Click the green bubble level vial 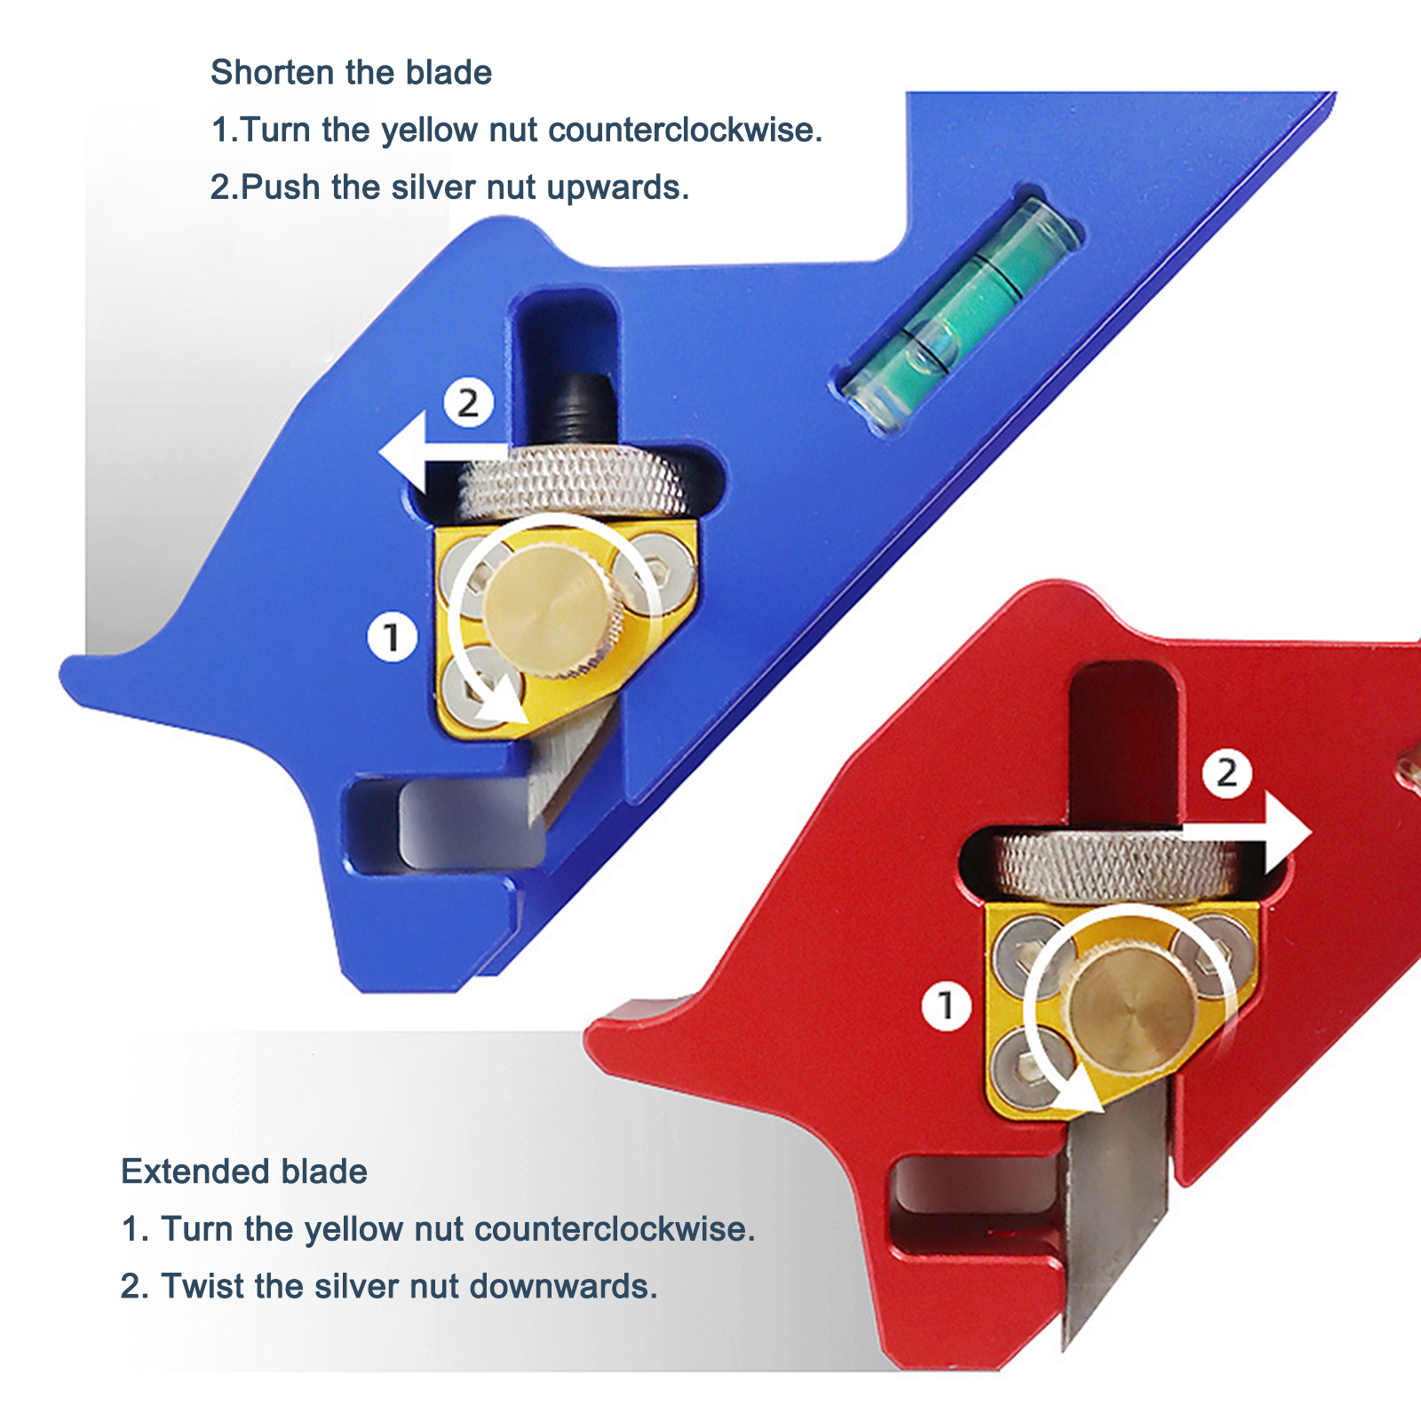(x=961, y=315)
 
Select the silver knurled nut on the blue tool (x=573, y=484)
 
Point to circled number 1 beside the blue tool (x=392, y=637)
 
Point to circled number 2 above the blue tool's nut (x=468, y=403)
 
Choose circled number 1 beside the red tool (x=946, y=1005)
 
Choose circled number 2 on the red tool (x=1227, y=773)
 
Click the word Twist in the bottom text (x=202, y=1286)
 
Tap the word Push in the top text (x=281, y=187)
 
